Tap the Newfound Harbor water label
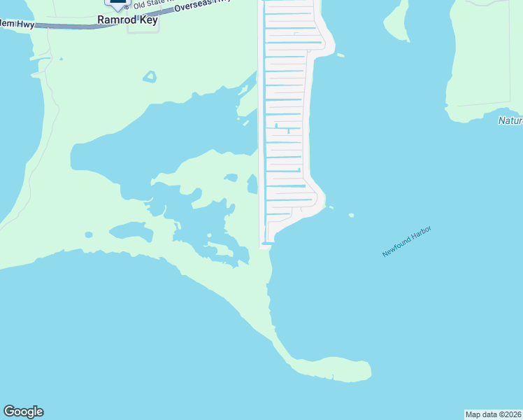[x=406, y=241]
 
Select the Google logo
[x=23, y=412]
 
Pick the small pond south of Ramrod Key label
[x=149, y=76]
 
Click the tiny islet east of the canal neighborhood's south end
[x=351, y=215]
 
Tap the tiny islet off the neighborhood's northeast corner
[x=341, y=55]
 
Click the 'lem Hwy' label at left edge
[x=17, y=24]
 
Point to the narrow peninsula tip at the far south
[x=364, y=370]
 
